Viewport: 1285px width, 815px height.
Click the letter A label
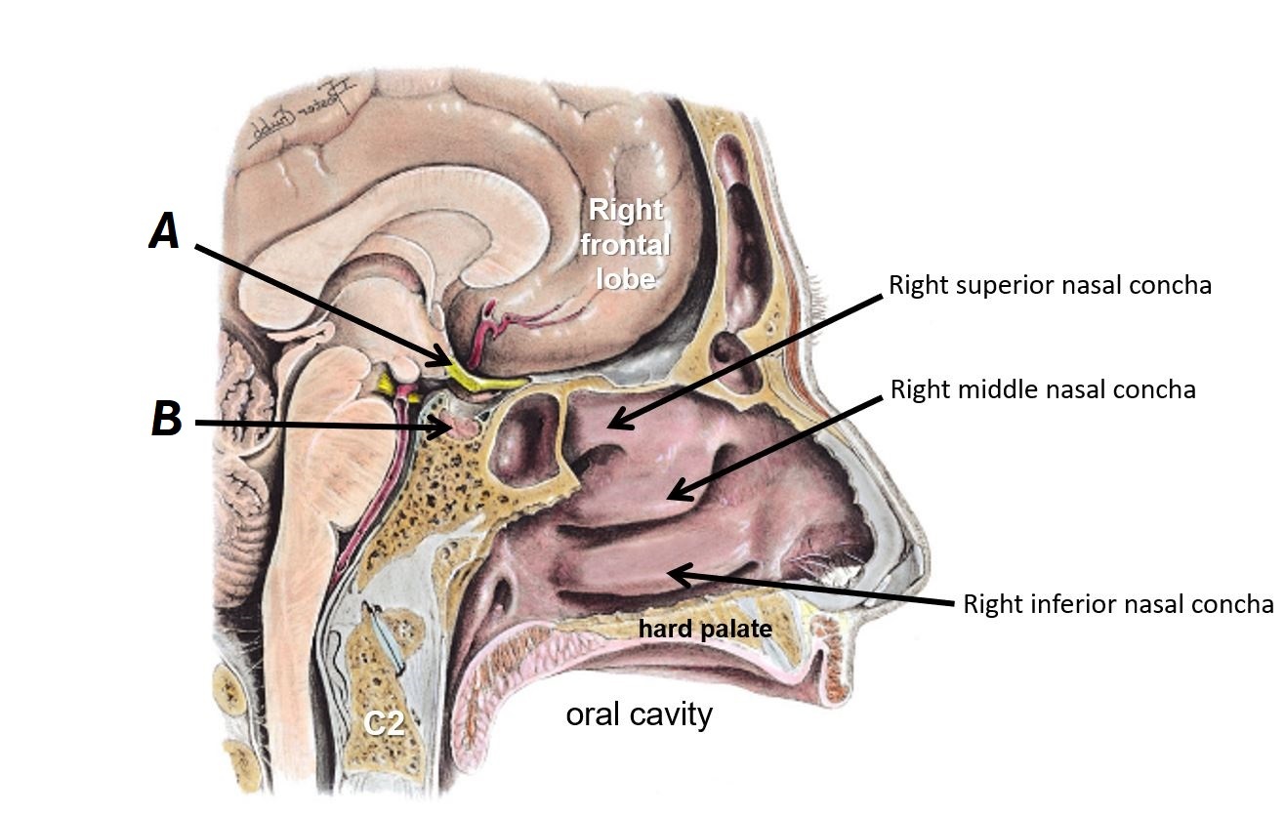coord(164,232)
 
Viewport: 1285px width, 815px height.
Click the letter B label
coord(166,420)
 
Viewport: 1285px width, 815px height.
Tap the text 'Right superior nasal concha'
coord(1050,285)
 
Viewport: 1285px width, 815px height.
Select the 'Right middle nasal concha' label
coord(1043,389)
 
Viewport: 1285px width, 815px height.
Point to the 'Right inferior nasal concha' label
coord(1117,604)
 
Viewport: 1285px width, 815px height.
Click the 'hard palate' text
coord(705,629)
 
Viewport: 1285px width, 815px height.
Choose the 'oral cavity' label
coord(639,714)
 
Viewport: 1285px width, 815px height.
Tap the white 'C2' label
coord(385,724)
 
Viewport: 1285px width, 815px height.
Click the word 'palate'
coord(741,629)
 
